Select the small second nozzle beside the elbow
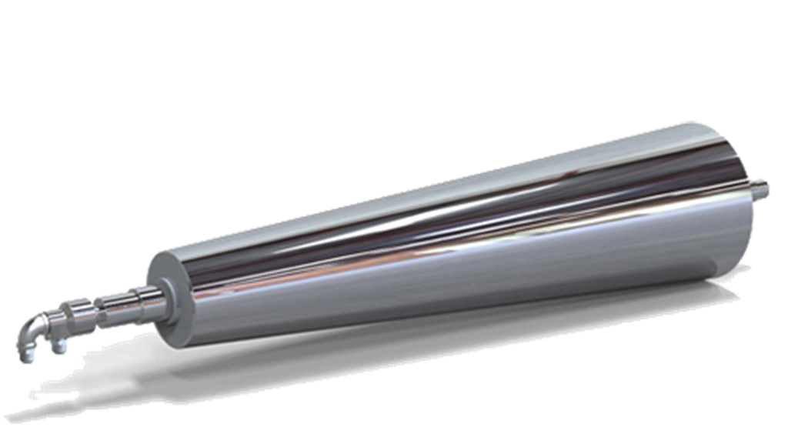(60, 346)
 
